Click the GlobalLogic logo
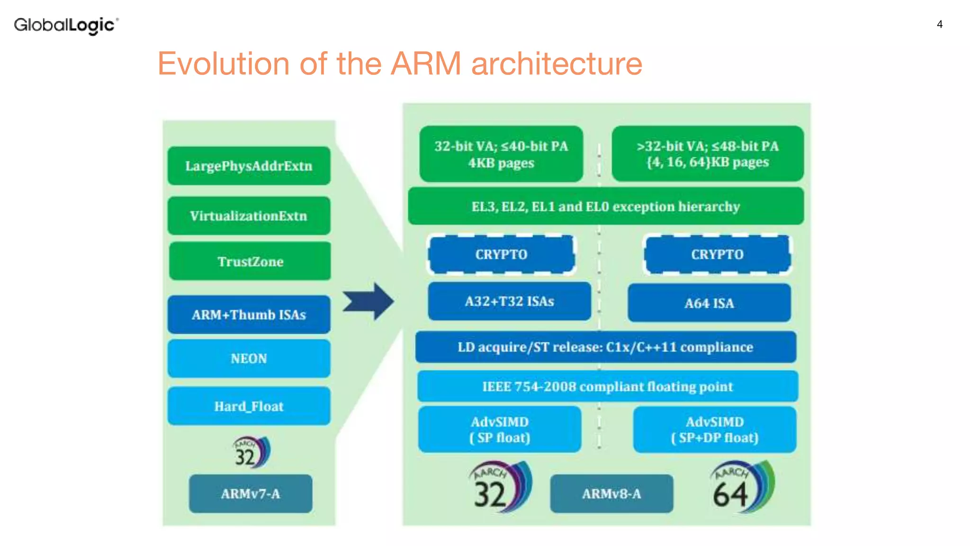(66, 25)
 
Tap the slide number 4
(940, 24)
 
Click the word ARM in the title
(425, 64)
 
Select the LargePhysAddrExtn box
(249, 166)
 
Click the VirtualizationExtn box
(249, 216)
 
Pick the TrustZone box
(250, 261)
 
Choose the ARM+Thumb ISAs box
(249, 315)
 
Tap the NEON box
(249, 358)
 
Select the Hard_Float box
(249, 406)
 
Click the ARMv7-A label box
(250, 494)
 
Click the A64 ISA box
(709, 303)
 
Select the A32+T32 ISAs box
(509, 301)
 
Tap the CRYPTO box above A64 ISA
(717, 255)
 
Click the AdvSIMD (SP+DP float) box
(714, 429)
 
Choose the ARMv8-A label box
(611, 494)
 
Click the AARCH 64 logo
(741, 487)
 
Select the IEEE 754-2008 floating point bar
(607, 386)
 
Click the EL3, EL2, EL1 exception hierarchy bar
(605, 206)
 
